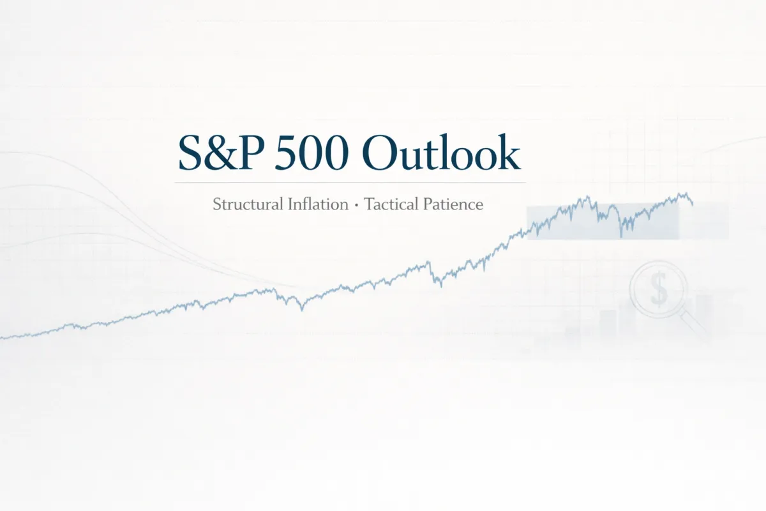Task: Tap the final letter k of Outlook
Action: tap(509, 153)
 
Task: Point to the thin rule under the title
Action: tap(350, 183)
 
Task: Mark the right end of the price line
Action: tap(693, 204)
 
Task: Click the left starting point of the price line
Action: tap(2, 337)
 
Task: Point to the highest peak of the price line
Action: tap(685, 193)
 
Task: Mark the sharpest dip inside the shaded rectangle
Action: tap(621, 236)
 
